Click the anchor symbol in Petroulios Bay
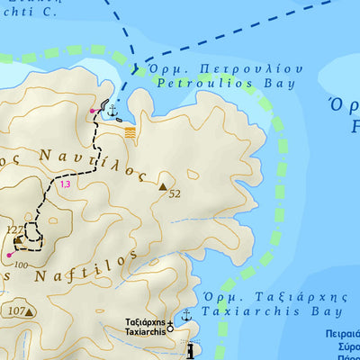pos(112,112)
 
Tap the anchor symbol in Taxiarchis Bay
pos(186,315)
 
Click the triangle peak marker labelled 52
pos(163,187)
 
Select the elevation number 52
pos(175,193)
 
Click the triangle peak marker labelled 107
pos(30,312)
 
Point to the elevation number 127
pos(13,229)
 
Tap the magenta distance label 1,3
pos(64,184)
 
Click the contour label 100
pos(21,265)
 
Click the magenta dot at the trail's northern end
pos(92,111)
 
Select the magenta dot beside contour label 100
pos(9,255)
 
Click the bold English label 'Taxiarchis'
pos(145,331)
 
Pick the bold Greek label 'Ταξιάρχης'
pos(145,321)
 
